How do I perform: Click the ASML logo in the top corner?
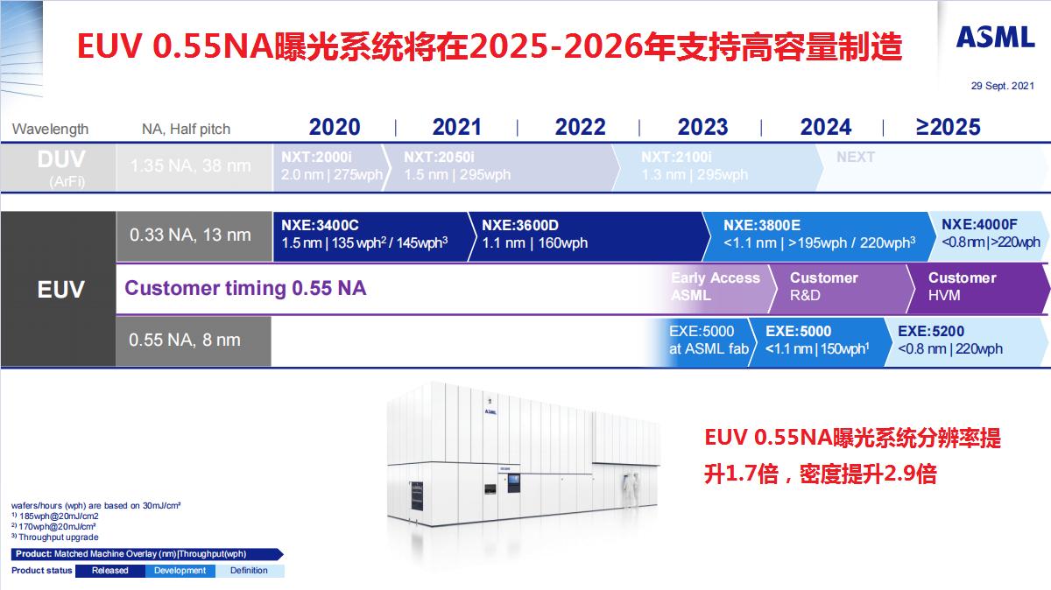coord(996,38)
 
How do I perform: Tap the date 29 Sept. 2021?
coord(1002,86)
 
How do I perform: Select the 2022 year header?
coord(580,127)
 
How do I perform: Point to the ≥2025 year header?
coord(948,127)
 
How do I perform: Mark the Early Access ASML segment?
coord(716,287)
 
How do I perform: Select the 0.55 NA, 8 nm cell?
coord(185,341)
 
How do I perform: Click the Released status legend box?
coord(109,571)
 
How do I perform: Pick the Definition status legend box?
coord(250,571)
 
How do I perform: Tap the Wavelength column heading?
coord(50,129)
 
